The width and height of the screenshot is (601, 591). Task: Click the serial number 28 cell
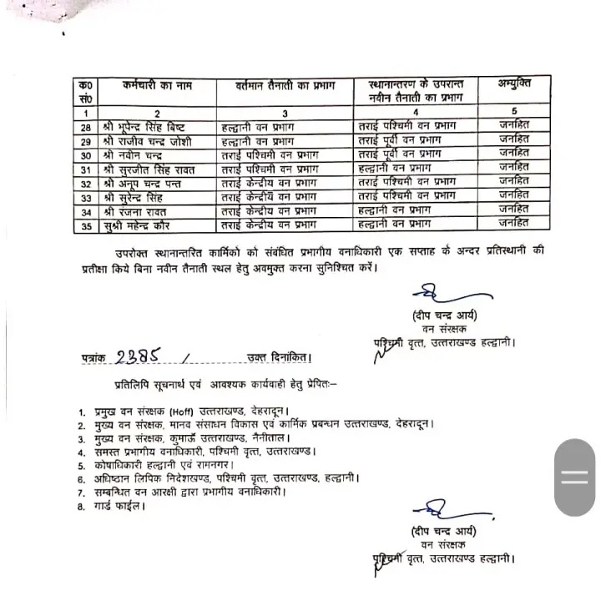pyautogui.click(x=85, y=127)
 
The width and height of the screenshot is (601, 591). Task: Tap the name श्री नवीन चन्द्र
pyautogui.click(x=133, y=154)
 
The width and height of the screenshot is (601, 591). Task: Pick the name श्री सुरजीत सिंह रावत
pyautogui.click(x=149, y=168)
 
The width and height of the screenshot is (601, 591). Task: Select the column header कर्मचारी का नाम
pyautogui.click(x=145, y=86)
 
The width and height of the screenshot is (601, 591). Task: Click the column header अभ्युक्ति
pyautogui.click(x=513, y=83)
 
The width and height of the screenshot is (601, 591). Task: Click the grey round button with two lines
pyautogui.click(x=574, y=478)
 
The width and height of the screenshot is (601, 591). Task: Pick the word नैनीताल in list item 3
pyautogui.click(x=268, y=437)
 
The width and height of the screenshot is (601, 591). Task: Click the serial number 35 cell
pyautogui.click(x=85, y=225)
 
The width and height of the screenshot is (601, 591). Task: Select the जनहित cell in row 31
pyautogui.click(x=513, y=168)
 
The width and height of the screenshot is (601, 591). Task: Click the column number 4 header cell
pyautogui.click(x=415, y=113)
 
